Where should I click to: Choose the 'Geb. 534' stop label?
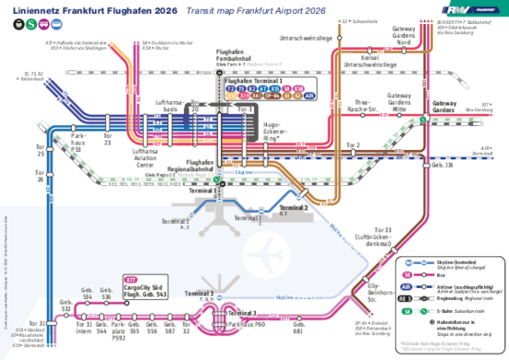coord(88,295)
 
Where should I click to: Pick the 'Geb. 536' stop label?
coord(106,295)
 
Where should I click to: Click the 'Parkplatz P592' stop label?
coord(119,329)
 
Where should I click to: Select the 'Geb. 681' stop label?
coord(298,328)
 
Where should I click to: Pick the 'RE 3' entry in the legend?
coord(406,298)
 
